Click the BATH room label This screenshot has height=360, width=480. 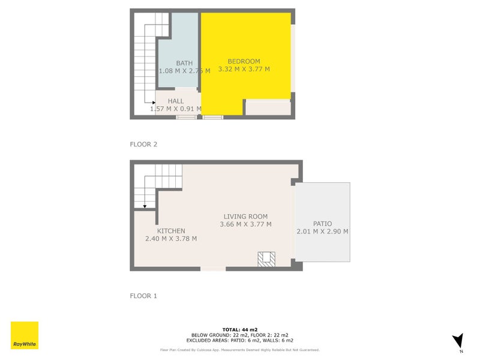[x=184, y=63]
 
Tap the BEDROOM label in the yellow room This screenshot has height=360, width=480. [x=244, y=61]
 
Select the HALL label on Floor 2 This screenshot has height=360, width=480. [x=176, y=101]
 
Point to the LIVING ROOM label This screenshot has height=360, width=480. [x=245, y=217]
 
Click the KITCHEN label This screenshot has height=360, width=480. [x=171, y=231]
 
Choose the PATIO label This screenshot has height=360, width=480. [x=322, y=224]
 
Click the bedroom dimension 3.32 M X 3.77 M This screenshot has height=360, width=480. [x=244, y=69]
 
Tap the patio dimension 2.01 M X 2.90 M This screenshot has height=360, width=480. [x=322, y=232]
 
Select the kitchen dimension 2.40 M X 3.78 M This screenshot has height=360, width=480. [x=171, y=239]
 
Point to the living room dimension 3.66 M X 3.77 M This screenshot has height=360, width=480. [x=245, y=224]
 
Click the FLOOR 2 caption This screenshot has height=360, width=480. [x=143, y=144]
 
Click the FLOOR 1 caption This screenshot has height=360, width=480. [x=143, y=296]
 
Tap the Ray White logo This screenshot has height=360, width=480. [x=25, y=335]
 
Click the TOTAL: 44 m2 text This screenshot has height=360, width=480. [x=239, y=329]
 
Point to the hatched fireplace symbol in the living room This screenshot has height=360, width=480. [x=266, y=259]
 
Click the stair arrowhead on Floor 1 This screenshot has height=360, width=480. [x=145, y=205]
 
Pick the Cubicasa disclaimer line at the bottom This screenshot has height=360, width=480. [x=239, y=350]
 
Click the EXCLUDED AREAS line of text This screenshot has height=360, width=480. [x=239, y=341]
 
